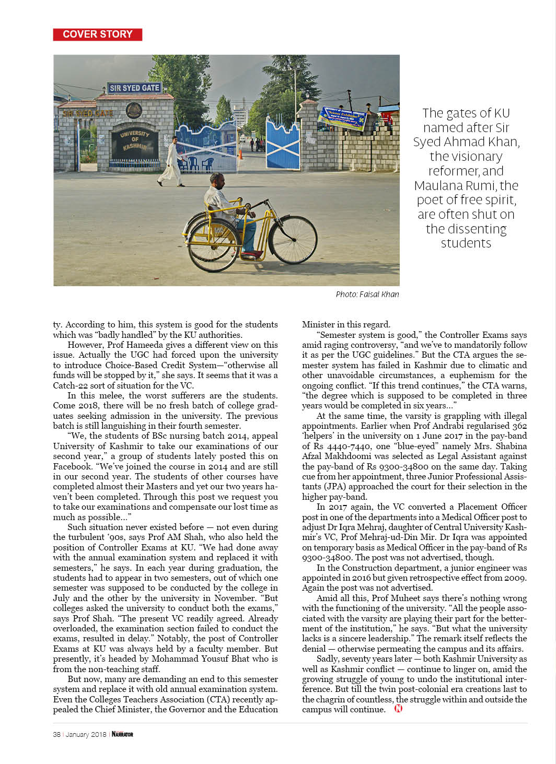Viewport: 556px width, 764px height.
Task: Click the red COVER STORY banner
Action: tap(98, 34)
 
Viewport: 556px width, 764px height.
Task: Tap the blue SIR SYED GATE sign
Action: tap(134, 88)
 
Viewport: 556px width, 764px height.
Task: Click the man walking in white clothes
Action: tap(170, 162)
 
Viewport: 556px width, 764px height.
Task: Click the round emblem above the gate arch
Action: tap(134, 111)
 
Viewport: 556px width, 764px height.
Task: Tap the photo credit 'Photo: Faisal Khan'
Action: tap(367, 295)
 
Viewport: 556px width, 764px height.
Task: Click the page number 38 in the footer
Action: tap(56, 734)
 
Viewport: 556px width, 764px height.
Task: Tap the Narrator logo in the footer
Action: tap(122, 734)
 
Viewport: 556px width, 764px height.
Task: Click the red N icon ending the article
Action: tap(398, 709)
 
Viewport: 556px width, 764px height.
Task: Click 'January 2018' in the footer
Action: tap(86, 734)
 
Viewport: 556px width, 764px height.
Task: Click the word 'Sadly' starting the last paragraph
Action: tap(327, 659)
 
